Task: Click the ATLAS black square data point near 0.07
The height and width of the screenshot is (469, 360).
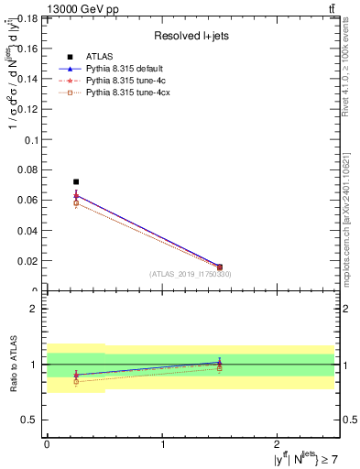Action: click(76, 182)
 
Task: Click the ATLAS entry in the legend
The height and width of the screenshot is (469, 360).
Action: click(99, 56)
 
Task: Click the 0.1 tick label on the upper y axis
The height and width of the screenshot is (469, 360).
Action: click(30, 140)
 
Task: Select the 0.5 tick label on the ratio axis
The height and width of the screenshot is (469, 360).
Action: click(30, 420)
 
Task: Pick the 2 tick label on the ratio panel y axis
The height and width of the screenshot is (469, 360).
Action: click(35, 309)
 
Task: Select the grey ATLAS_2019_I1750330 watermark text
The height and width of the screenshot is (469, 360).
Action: click(191, 274)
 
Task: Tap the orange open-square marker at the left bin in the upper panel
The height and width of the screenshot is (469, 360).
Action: click(76, 203)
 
